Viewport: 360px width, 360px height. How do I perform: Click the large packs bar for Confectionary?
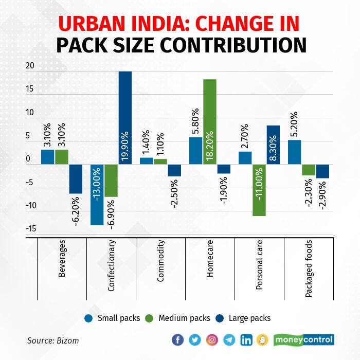coord(125,118)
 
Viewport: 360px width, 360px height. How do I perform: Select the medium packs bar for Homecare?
coord(209,122)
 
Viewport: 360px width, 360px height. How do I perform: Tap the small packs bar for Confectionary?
coord(97,195)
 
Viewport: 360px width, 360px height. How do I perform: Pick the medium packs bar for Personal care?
coord(259,190)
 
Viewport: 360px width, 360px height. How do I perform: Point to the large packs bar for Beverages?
coord(76,179)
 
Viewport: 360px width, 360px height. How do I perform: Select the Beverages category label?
coord(62,263)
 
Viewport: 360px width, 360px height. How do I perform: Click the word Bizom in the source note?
coord(68,340)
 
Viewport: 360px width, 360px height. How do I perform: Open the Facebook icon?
coord(177,340)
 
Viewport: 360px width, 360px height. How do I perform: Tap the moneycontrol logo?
coord(304,340)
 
